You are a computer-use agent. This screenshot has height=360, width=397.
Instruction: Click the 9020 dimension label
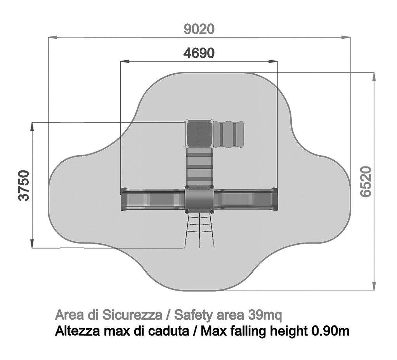point(199,29)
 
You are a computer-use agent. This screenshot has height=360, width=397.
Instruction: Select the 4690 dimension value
point(199,53)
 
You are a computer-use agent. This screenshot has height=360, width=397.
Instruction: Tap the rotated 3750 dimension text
point(24,185)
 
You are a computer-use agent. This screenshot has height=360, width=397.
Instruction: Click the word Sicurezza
point(132,315)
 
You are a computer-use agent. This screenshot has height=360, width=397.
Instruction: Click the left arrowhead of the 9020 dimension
point(52,38)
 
